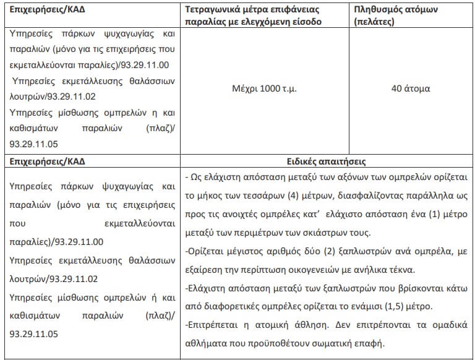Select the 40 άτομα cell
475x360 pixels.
(411, 88)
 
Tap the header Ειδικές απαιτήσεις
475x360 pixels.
(327, 161)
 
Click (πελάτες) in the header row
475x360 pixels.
(375, 22)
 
